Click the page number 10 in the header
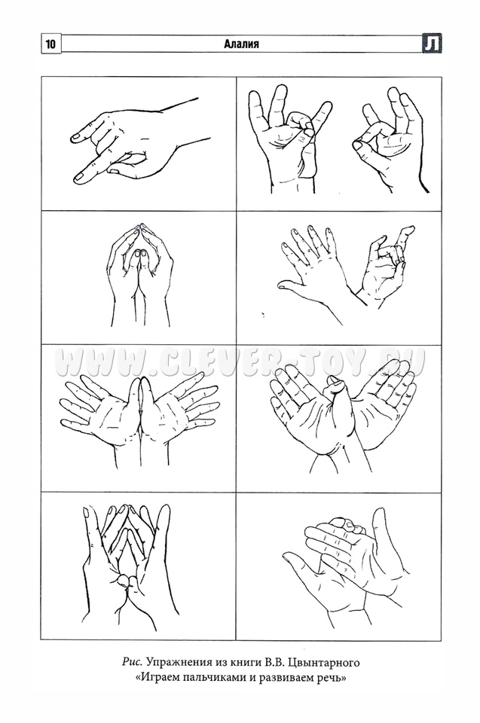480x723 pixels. pyautogui.click(x=50, y=44)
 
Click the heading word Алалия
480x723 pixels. pyautogui.click(x=241, y=44)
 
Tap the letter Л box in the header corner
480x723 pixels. pyautogui.click(x=432, y=44)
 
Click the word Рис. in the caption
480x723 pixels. pyautogui.click(x=133, y=663)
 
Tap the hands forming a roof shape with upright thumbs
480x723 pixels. pyautogui.click(x=140, y=274)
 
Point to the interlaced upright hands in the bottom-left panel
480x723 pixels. pyautogui.click(x=126, y=567)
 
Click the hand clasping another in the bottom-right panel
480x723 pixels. pyautogui.click(x=345, y=567)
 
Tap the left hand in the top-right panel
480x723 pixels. pyautogui.click(x=289, y=139)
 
